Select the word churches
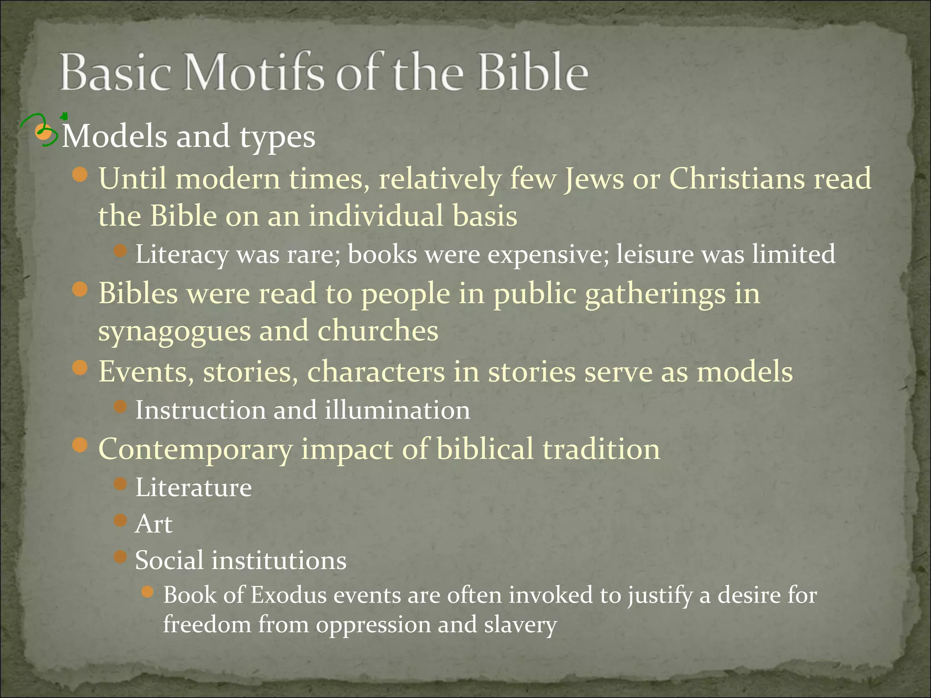(378, 331)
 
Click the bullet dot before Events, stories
(80, 368)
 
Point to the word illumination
(397, 410)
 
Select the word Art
(154, 524)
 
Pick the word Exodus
(289, 595)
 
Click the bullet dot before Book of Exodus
(147, 592)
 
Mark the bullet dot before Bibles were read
(80, 289)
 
